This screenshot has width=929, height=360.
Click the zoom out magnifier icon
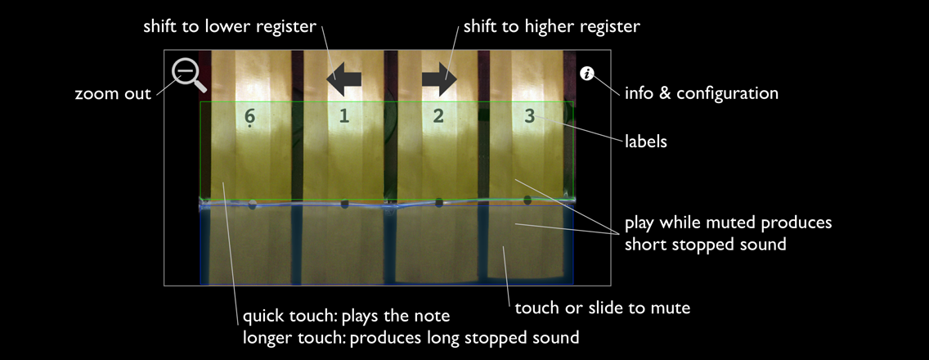click(x=186, y=74)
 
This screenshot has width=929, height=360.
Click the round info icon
click(x=587, y=74)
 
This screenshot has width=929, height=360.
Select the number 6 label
click(x=250, y=117)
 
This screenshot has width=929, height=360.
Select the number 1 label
click(x=344, y=116)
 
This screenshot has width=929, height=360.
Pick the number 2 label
click(x=438, y=116)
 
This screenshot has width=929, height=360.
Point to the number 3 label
click(x=530, y=116)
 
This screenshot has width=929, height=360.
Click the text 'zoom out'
click(x=113, y=94)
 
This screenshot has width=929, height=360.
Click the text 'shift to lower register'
click(x=229, y=27)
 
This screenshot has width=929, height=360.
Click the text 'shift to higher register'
click(x=551, y=27)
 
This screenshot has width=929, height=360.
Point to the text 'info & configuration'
click(x=701, y=93)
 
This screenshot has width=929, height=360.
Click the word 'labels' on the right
click(x=646, y=142)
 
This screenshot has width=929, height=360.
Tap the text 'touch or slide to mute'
click(x=603, y=308)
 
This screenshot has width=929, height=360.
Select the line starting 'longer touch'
click(x=411, y=337)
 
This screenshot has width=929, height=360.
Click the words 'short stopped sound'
click(x=705, y=244)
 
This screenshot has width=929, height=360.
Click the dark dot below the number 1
click(x=344, y=204)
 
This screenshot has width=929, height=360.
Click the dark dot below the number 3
click(x=527, y=200)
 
